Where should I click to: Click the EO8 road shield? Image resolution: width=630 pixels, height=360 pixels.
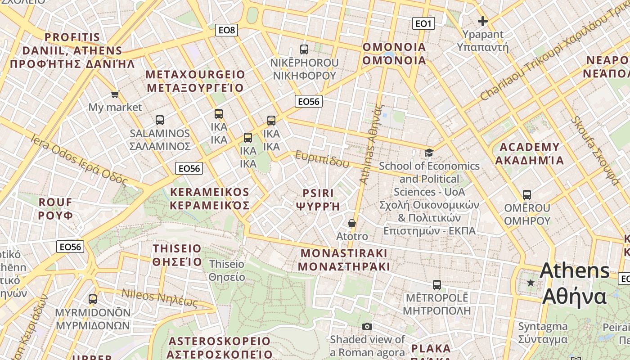(226, 30)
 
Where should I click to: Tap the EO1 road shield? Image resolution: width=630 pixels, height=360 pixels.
(423, 23)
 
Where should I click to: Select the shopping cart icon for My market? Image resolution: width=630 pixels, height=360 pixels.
(115, 94)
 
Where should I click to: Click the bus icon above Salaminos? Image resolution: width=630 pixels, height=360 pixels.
(160, 120)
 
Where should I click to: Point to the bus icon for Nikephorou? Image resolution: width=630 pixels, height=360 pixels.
(304, 49)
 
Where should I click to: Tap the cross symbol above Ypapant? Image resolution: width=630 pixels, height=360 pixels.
(483, 21)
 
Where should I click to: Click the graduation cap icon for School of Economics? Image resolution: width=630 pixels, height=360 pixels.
(429, 153)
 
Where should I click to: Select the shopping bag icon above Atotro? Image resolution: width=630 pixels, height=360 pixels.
(352, 223)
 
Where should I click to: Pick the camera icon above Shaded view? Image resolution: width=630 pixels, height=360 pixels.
(367, 326)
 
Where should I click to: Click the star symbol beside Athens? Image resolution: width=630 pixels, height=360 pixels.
(531, 283)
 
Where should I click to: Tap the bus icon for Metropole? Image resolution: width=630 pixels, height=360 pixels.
(436, 285)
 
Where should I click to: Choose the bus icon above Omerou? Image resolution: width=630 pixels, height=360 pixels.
(527, 195)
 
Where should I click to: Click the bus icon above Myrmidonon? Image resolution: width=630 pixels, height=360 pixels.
(93, 299)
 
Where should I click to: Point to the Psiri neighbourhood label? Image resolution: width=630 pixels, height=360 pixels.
(318, 200)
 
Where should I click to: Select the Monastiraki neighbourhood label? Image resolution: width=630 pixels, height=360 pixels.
(344, 260)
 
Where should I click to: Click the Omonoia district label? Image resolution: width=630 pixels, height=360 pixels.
(394, 54)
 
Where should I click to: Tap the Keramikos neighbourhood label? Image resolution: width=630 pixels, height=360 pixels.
(209, 199)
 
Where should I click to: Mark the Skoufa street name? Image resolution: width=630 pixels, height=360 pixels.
(595, 151)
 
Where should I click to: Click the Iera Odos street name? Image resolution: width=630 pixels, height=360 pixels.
(79, 160)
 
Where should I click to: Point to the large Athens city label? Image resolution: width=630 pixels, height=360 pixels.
(575, 283)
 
